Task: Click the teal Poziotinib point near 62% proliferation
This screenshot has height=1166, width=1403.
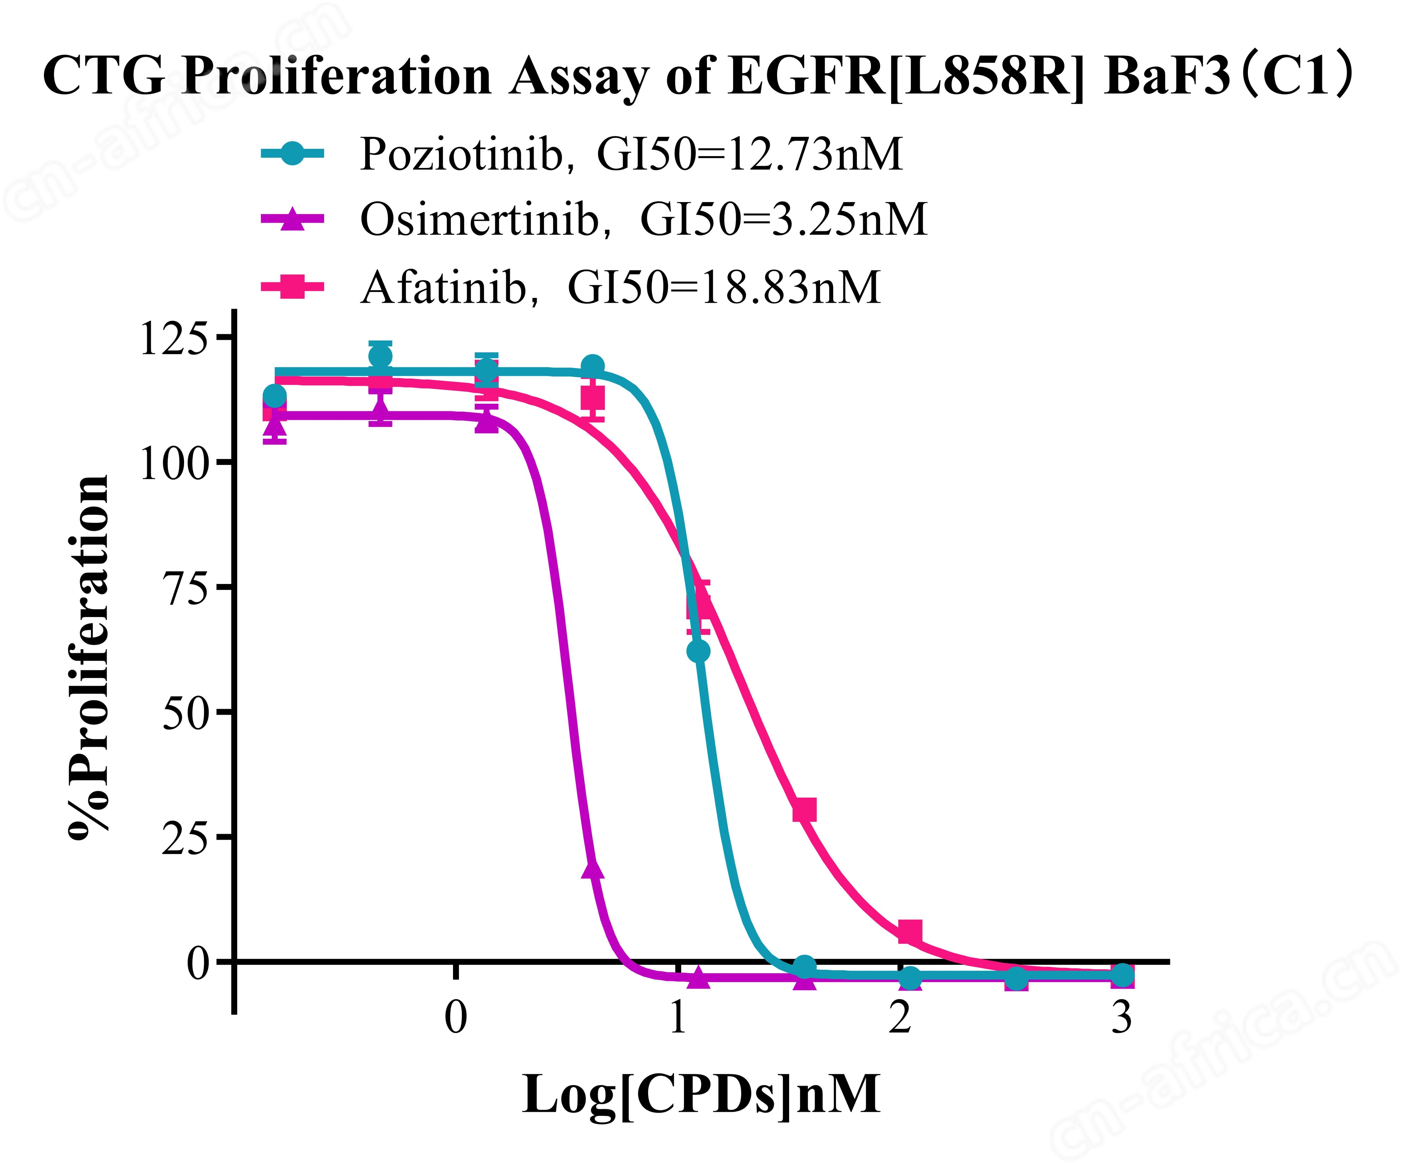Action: tap(698, 651)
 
